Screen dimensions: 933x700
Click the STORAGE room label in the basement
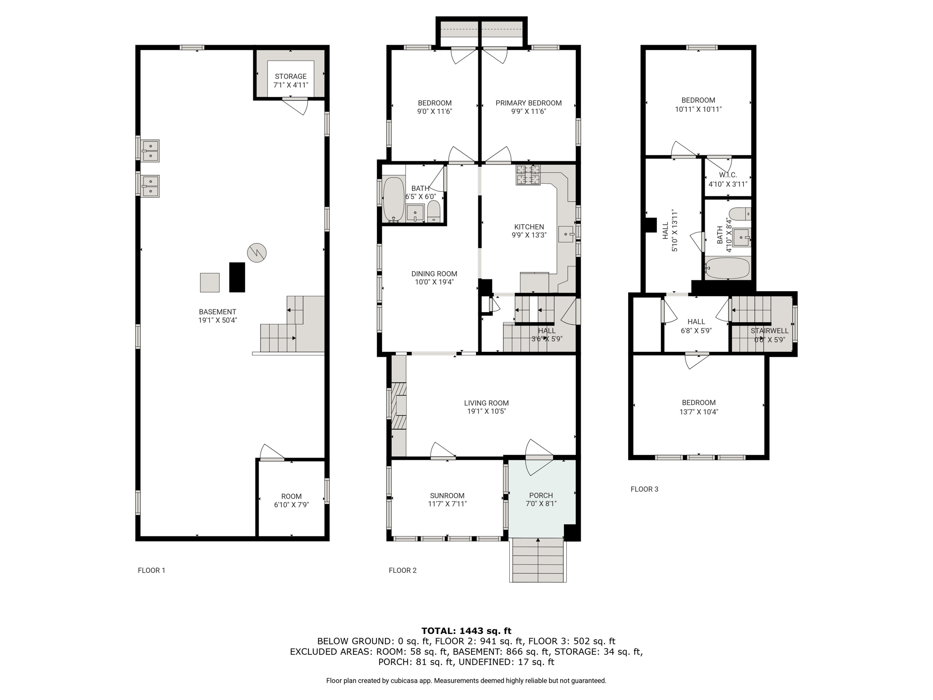[291, 77]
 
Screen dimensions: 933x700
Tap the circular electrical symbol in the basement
[257, 252]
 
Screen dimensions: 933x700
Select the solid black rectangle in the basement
[237, 277]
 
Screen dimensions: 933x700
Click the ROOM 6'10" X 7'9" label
[292, 500]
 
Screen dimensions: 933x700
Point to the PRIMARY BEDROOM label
[528, 103]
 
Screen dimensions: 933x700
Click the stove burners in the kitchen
[528, 175]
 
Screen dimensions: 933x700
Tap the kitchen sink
[566, 234]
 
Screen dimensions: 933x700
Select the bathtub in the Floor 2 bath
[394, 200]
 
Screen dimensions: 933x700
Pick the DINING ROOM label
[434, 274]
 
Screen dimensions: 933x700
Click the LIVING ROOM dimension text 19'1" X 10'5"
[487, 412]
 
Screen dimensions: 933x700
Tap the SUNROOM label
[447, 496]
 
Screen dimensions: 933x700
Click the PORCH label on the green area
[541, 495]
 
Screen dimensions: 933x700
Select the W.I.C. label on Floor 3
[728, 175]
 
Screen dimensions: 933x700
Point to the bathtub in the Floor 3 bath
[728, 268]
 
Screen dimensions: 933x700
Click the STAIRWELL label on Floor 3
[770, 331]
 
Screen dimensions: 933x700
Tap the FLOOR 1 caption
[152, 570]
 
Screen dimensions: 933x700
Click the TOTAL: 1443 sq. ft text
[466, 631]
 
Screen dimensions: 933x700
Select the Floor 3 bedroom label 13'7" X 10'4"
[699, 412]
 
